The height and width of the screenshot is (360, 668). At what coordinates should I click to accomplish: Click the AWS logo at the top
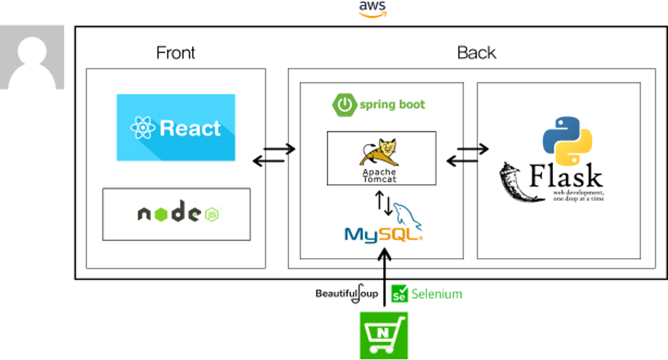pyautogui.click(x=372, y=9)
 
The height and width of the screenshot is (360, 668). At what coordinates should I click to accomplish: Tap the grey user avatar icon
pyautogui.click(x=32, y=57)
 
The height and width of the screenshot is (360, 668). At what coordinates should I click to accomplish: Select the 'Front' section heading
pyautogui.click(x=176, y=53)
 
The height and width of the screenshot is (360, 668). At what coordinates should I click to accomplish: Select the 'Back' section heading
pyautogui.click(x=476, y=53)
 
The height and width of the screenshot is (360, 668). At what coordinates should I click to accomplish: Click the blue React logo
pyautogui.click(x=176, y=127)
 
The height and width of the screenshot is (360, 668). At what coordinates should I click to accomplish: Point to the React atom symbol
pyautogui.click(x=142, y=129)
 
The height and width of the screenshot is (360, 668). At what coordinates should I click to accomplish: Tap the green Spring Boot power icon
pyautogui.click(x=344, y=105)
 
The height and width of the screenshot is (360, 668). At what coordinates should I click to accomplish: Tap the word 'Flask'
pyautogui.click(x=566, y=176)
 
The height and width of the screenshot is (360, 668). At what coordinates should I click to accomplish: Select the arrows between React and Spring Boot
pyautogui.click(x=274, y=153)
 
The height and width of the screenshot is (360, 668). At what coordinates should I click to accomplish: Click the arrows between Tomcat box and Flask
pyautogui.click(x=467, y=153)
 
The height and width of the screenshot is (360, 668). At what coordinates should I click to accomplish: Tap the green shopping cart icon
pyautogui.click(x=384, y=335)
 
